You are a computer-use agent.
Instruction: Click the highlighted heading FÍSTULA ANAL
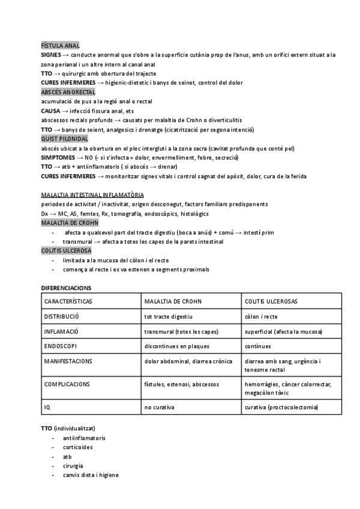pyautogui.click(x=61, y=46)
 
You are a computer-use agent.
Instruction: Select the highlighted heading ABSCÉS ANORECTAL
pyautogui.click(x=68, y=92)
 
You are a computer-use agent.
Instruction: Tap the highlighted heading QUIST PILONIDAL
pyautogui.click(x=65, y=139)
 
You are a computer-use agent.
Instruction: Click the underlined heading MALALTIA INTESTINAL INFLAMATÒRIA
pyautogui.click(x=92, y=195)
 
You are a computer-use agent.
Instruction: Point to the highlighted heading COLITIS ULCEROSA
pyautogui.click(x=66, y=250)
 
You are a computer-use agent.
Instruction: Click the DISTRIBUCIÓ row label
pyautogui.click(x=62, y=316)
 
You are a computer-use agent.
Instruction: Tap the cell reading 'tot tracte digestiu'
pyautogui.click(x=169, y=316)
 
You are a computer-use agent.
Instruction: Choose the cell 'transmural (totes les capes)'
pyautogui.click(x=181, y=331)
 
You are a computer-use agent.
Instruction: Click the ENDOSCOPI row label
pyautogui.click(x=61, y=346)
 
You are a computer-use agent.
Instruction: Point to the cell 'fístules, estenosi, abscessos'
pyautogui.click(x=181, y=384)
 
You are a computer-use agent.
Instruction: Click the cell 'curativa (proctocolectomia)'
pyautogui.click(x=281, y=408)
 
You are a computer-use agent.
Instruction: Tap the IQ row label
pyautogui.click(x=47, y=408)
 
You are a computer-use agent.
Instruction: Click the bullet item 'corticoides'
pyautogui.click(x=79, y=447)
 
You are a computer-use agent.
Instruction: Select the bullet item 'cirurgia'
pyautogui.click(x=73, y=466)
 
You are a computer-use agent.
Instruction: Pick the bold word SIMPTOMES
pyautogui.click(x=61, y=157)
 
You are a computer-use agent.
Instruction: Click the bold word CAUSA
pyautogui.click(x=52, y=111)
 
